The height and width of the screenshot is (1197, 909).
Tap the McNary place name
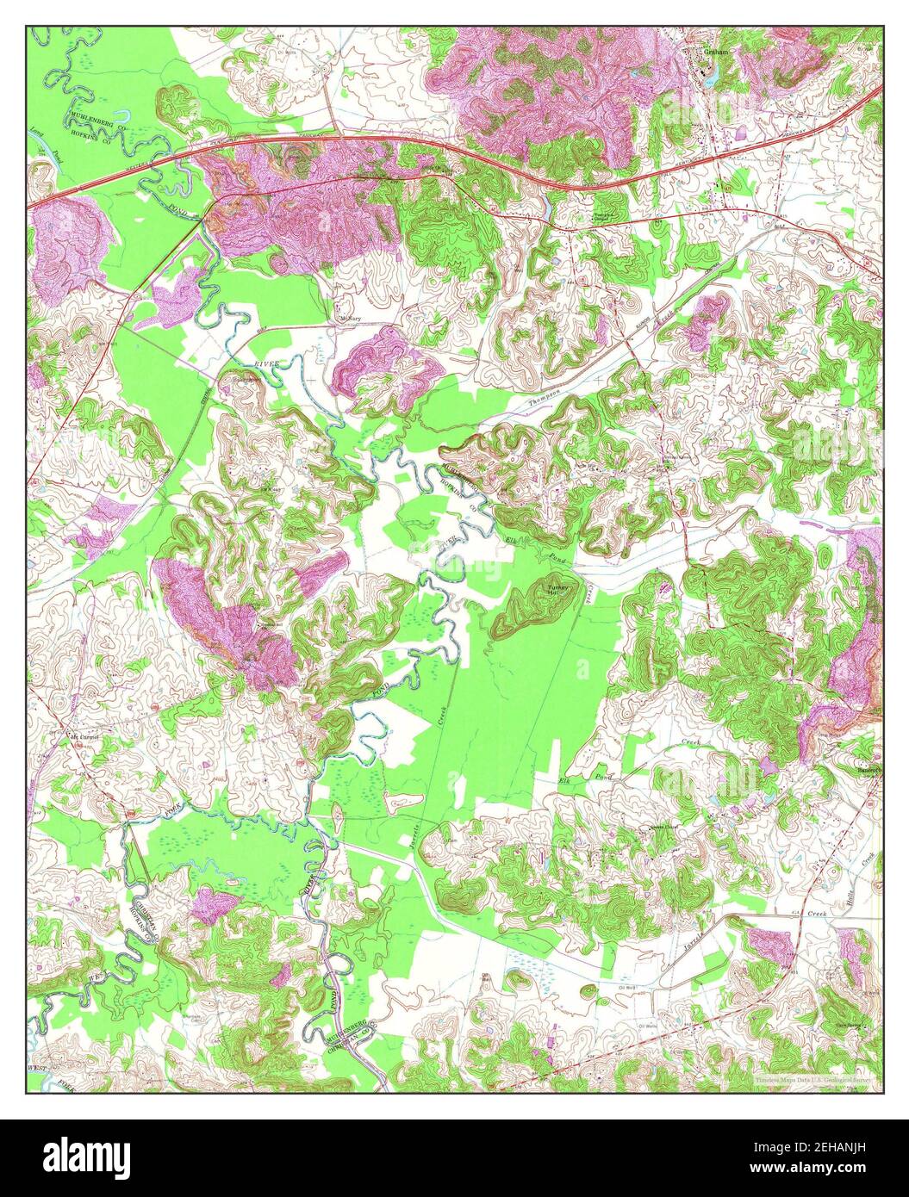[x=348, y=319]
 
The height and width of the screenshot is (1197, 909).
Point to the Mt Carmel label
[x=84, y=738]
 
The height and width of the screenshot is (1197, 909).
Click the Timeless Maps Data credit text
[x=814, y=1078]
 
